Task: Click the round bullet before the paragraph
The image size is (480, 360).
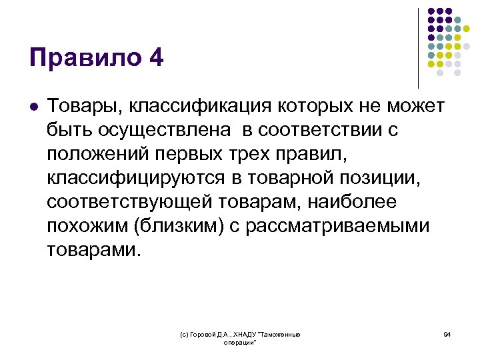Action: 34,107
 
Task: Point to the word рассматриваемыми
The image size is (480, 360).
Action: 338,226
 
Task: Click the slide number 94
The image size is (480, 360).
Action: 447,334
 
